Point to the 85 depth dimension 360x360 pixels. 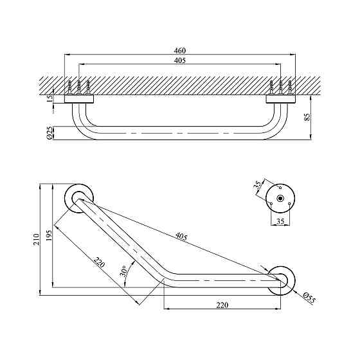(x=314, y=118)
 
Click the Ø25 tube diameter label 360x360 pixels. (x=49, y=132)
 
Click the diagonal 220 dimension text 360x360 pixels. (x=99, y=262)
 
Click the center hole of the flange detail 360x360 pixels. (x=280, y=197)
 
